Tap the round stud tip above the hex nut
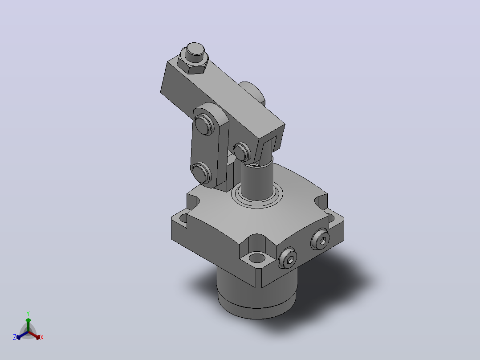click(x=195, y=50)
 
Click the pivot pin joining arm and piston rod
click(x=242, y=151)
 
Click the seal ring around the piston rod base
click(x=257, y=199)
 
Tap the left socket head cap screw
click(x=288, y=258)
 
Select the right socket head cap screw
click(x=320, y=239)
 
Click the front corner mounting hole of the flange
click(x=257, y=258)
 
